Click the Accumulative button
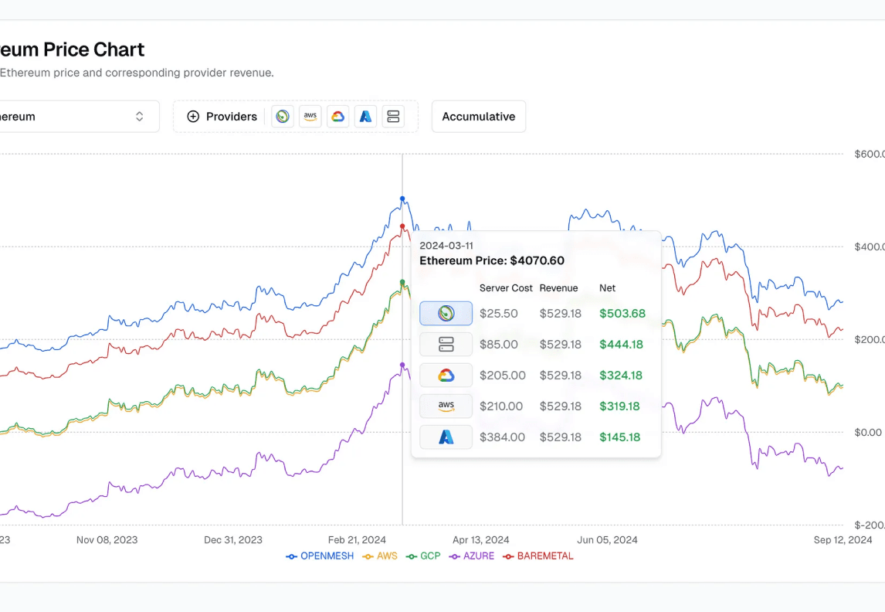click(x=478, y=117)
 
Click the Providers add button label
click(x=231, y=117)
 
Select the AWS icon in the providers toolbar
click(x=310, y=117)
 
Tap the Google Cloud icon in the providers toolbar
click(x=337, y=117)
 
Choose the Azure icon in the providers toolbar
click(x=365, y=117)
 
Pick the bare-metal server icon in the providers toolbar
click(x=393, y=117)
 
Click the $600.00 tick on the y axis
click(x=869, y=155)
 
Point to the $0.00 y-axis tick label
click(x=869, y=432)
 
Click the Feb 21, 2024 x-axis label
click(x=357, y=540)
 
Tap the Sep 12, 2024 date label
click(x=843, y=540)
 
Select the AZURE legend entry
click(x=479, y=556)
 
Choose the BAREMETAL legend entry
click(x=544, y=556)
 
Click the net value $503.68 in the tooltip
click(x=622, y=314)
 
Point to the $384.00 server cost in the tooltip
click(x=502, y=437)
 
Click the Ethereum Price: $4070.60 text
click(x=492, y=261)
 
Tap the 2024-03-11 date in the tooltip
click(x=446, y=246)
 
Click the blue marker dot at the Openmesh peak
click(x=402, y=199)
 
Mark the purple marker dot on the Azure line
click(x=402, y=365)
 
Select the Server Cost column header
click(x=506, y=288)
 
